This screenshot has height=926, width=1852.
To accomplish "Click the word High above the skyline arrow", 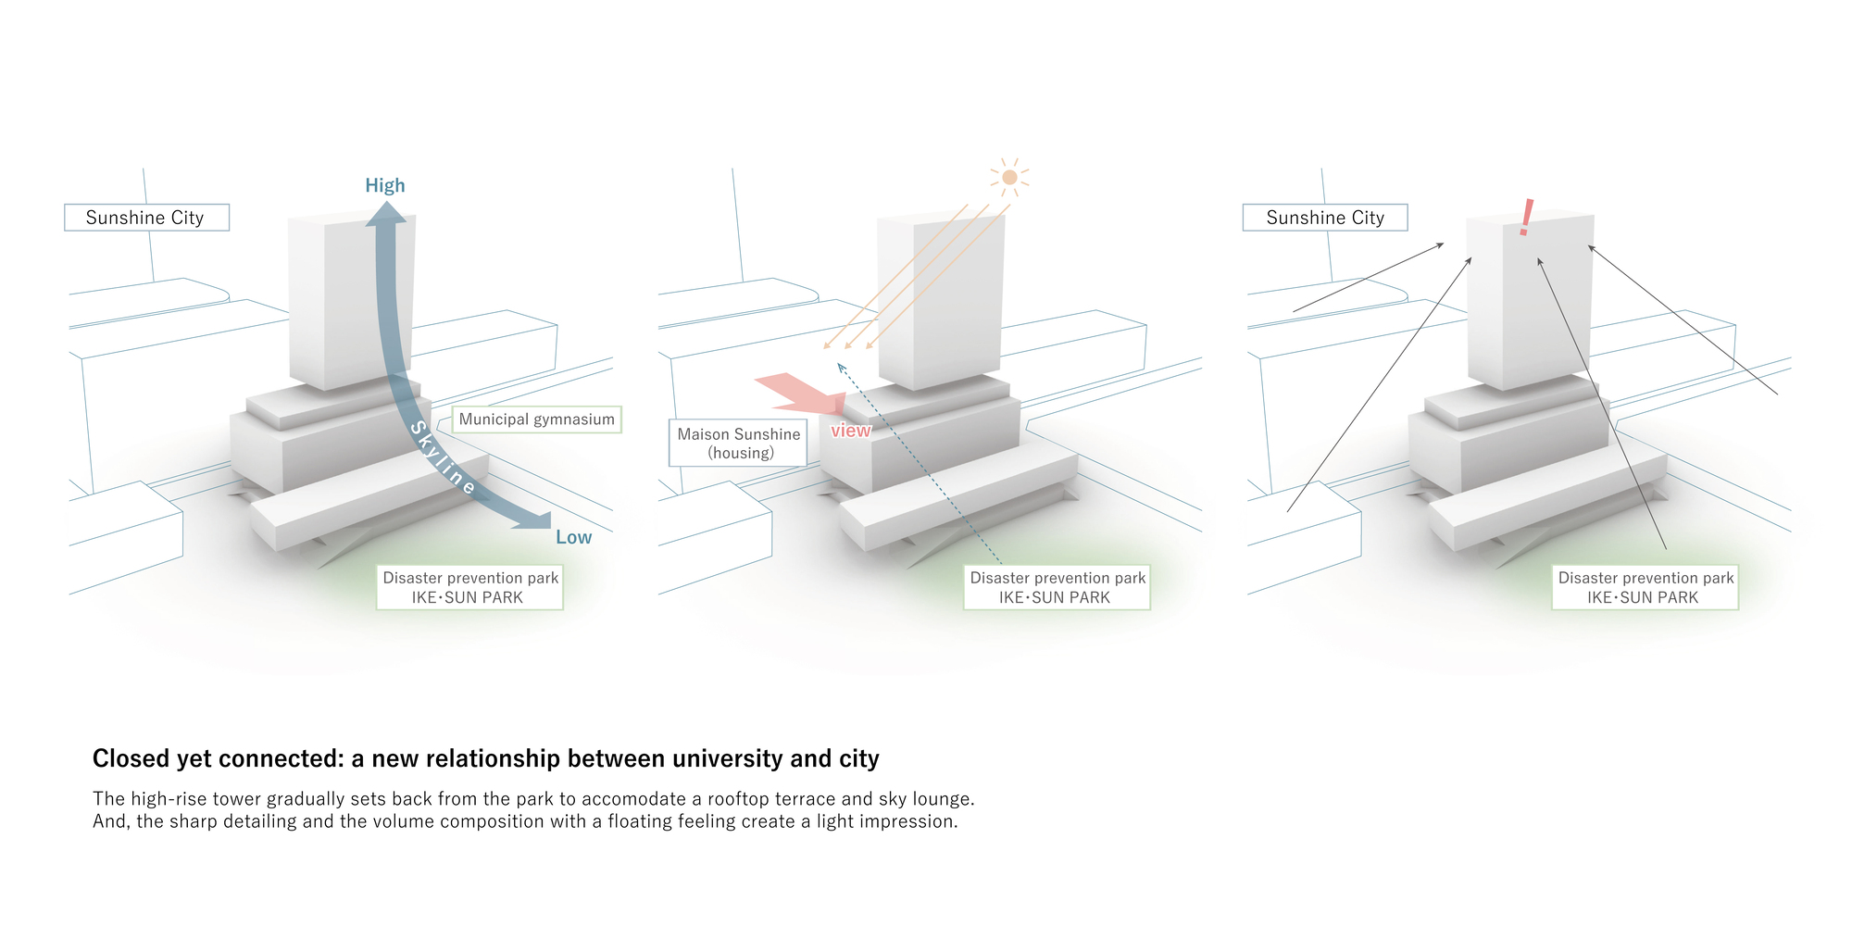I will coord(385,185).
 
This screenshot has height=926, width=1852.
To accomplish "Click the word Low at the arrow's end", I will coord(573,537).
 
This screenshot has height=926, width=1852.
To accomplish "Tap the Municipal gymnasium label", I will coord(536,419).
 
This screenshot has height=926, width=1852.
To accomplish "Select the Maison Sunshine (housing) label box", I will coord(738,444).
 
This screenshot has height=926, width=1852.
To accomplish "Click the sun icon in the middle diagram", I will coord(1009,177).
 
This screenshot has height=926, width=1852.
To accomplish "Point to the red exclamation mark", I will coord(1526,218).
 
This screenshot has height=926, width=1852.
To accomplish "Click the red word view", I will coord(850,431).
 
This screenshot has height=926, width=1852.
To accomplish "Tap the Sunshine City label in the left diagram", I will coord(145,218).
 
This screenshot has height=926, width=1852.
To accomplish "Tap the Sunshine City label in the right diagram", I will coord(1325,218).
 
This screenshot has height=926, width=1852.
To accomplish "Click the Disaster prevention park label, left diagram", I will coord(470,587).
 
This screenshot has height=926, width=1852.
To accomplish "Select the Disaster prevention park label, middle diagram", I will coord(1057,587).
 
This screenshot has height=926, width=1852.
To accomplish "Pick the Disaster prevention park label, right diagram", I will coord(1646,587).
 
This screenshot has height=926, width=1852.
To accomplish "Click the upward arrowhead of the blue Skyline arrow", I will coord(385,213).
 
